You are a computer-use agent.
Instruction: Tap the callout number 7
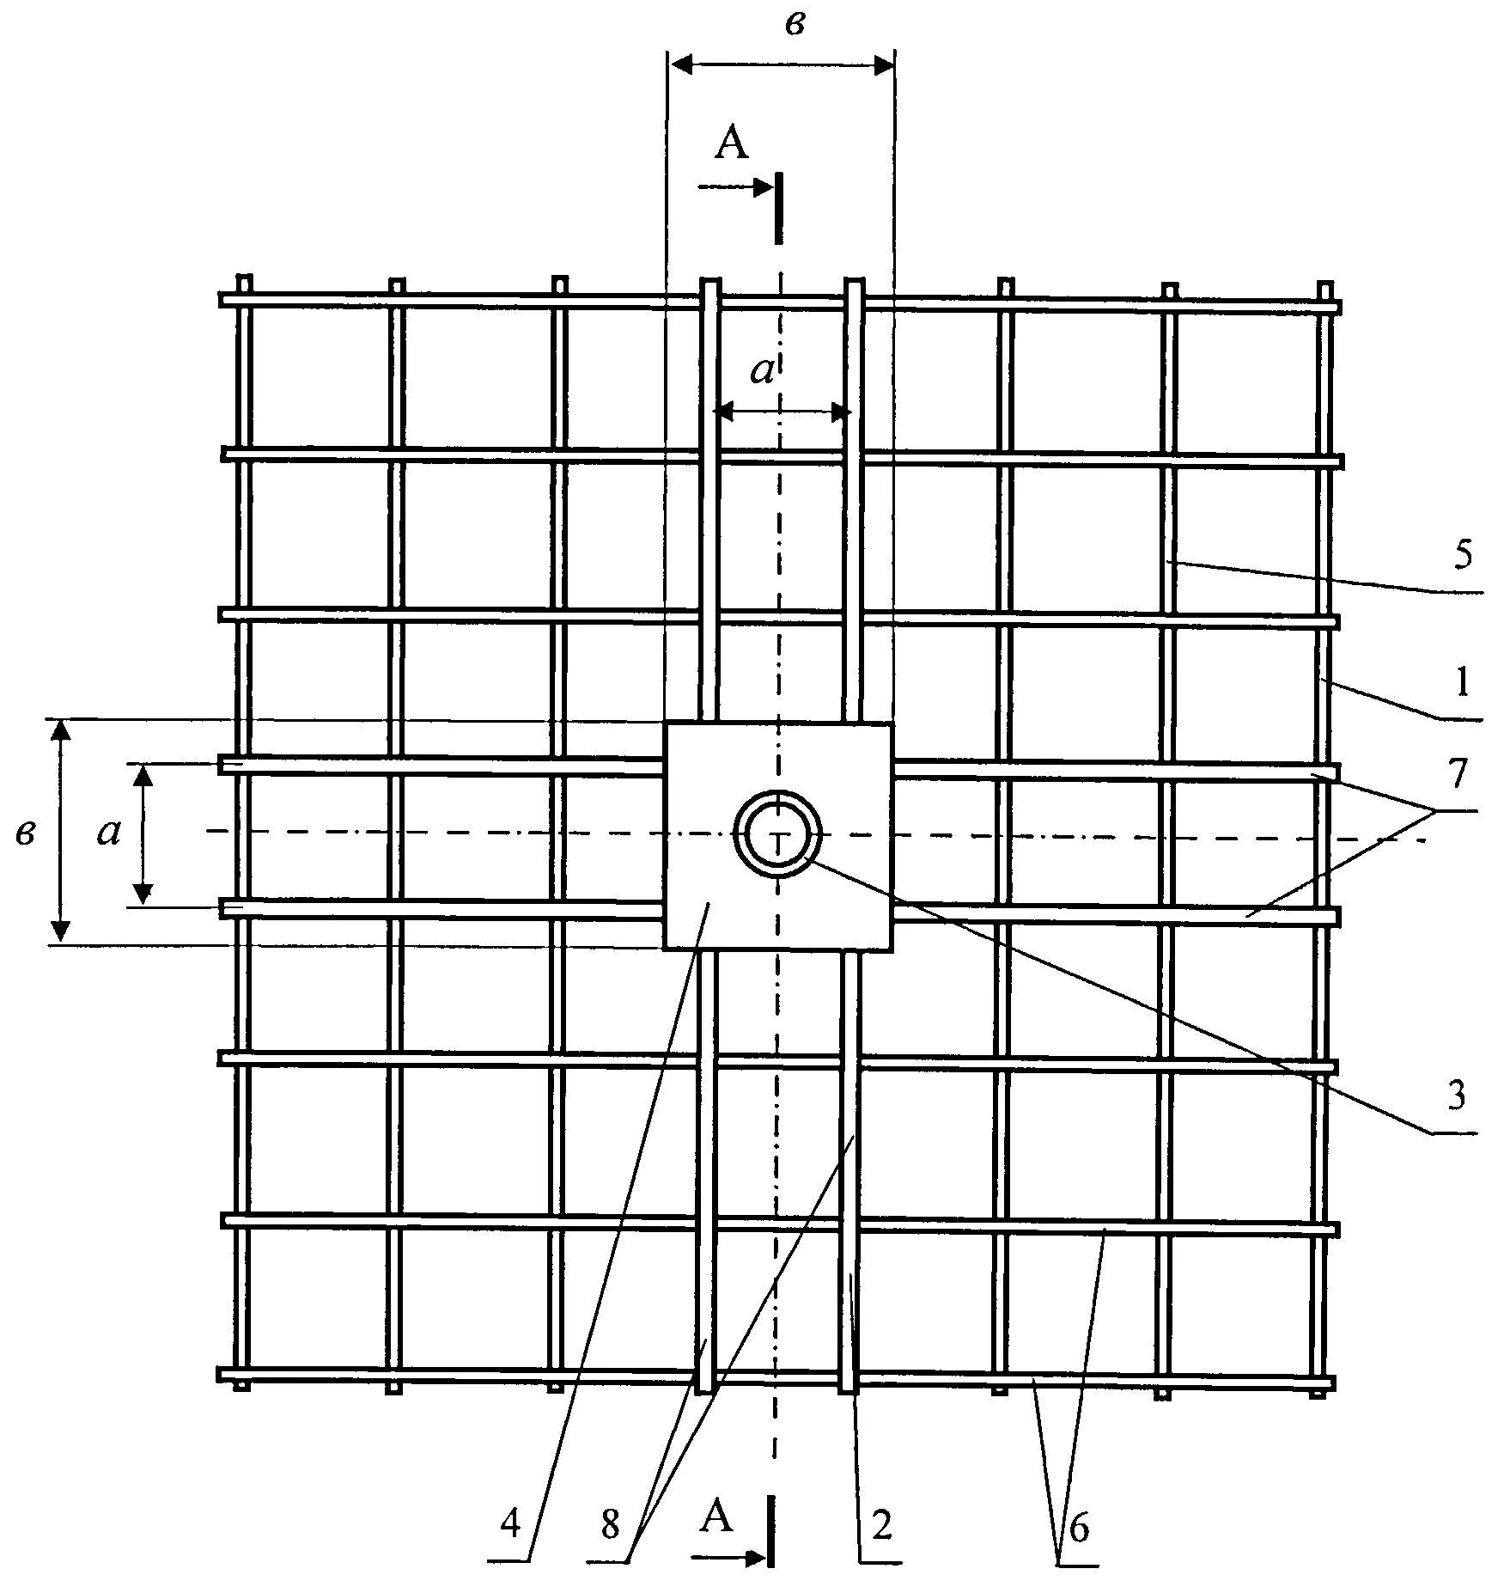point(1458,775)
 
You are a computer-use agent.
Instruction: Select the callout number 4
point(510,1525)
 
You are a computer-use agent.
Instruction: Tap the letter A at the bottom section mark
point(717,1517)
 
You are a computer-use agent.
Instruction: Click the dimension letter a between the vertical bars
point(763,370)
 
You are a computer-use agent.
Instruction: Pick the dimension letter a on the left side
point(108,832)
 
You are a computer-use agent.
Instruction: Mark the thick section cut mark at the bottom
point(770,1541)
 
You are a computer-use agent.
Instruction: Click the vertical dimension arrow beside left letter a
point(143,833)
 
